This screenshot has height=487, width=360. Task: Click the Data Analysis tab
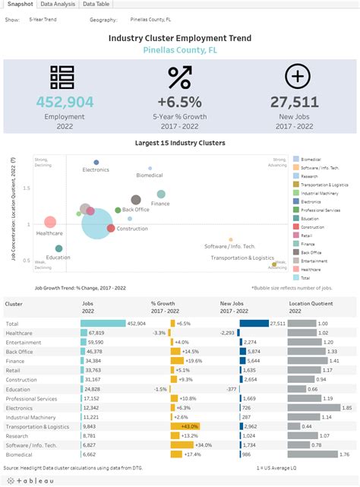tap(58, 5)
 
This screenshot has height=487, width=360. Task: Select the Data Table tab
tap(96, 5)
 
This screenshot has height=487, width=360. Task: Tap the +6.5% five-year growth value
tap(179, 102)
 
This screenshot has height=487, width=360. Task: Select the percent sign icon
tap(179, 77)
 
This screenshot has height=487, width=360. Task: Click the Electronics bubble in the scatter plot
tap(96, 162)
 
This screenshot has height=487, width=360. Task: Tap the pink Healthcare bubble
tap(50, 222)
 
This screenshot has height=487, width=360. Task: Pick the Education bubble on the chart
tap(58, 248)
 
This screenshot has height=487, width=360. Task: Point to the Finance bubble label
tap(160, 204)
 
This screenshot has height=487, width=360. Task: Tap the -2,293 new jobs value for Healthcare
tap(227, 333)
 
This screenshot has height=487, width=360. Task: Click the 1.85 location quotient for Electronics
tap(346, 406)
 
